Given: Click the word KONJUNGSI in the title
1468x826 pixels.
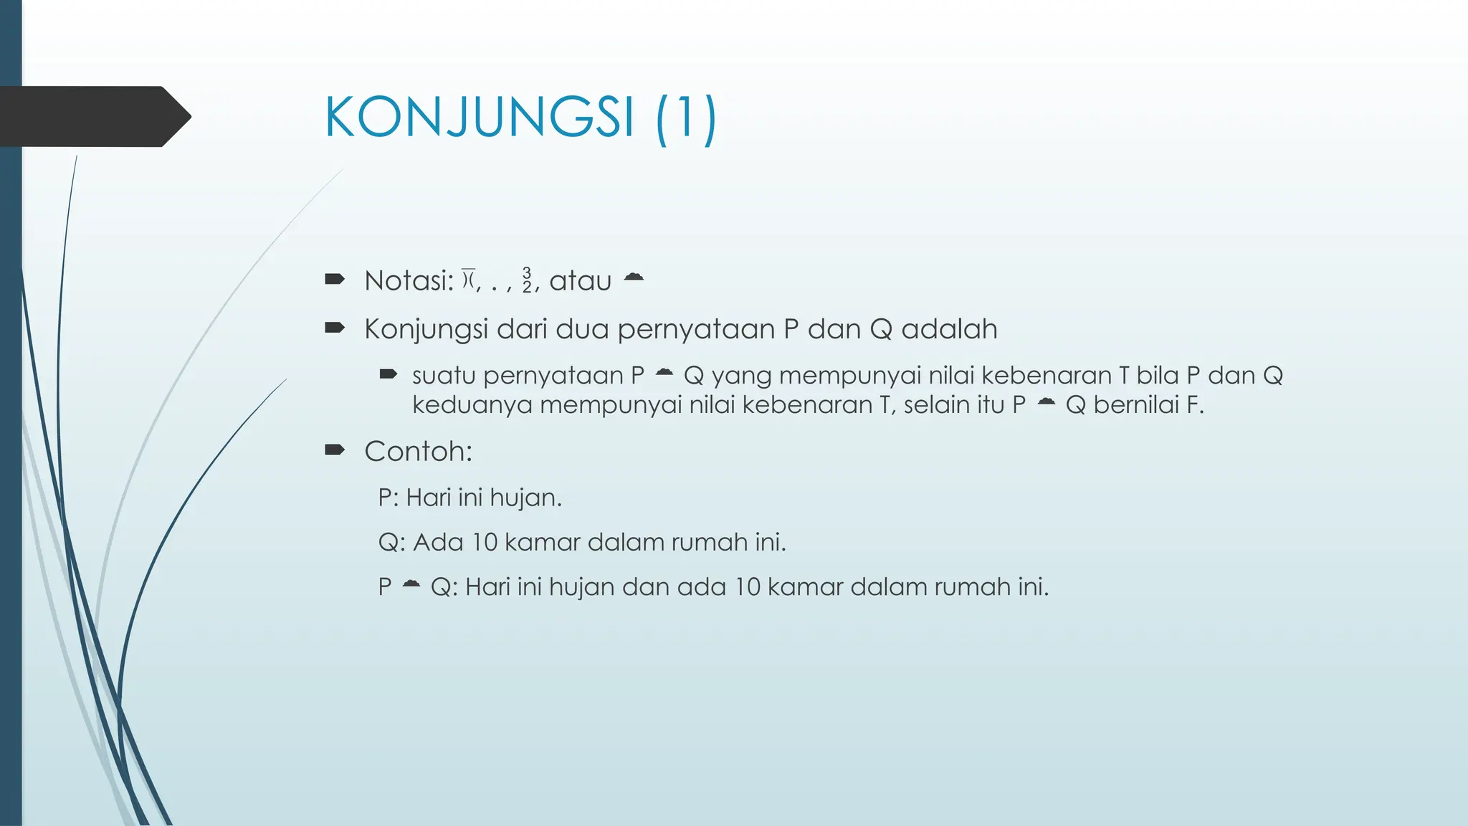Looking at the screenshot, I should (480, 117).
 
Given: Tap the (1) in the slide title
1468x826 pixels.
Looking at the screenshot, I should (685, 118).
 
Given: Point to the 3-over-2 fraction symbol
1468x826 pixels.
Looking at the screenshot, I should (527, 280).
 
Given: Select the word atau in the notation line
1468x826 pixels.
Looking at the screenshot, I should (580, 281).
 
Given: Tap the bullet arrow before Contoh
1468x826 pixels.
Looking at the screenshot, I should (335, 450).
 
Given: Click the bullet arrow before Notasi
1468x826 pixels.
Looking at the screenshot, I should (335, 279).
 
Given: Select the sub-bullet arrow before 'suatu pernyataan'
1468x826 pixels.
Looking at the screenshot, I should (389, 374).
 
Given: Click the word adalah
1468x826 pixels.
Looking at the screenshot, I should (949, 330).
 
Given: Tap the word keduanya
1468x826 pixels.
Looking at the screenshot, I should (472, 406).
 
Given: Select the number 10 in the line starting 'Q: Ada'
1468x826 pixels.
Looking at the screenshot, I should (485, 542).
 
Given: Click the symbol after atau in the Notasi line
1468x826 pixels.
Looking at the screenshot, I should (634, 277).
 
